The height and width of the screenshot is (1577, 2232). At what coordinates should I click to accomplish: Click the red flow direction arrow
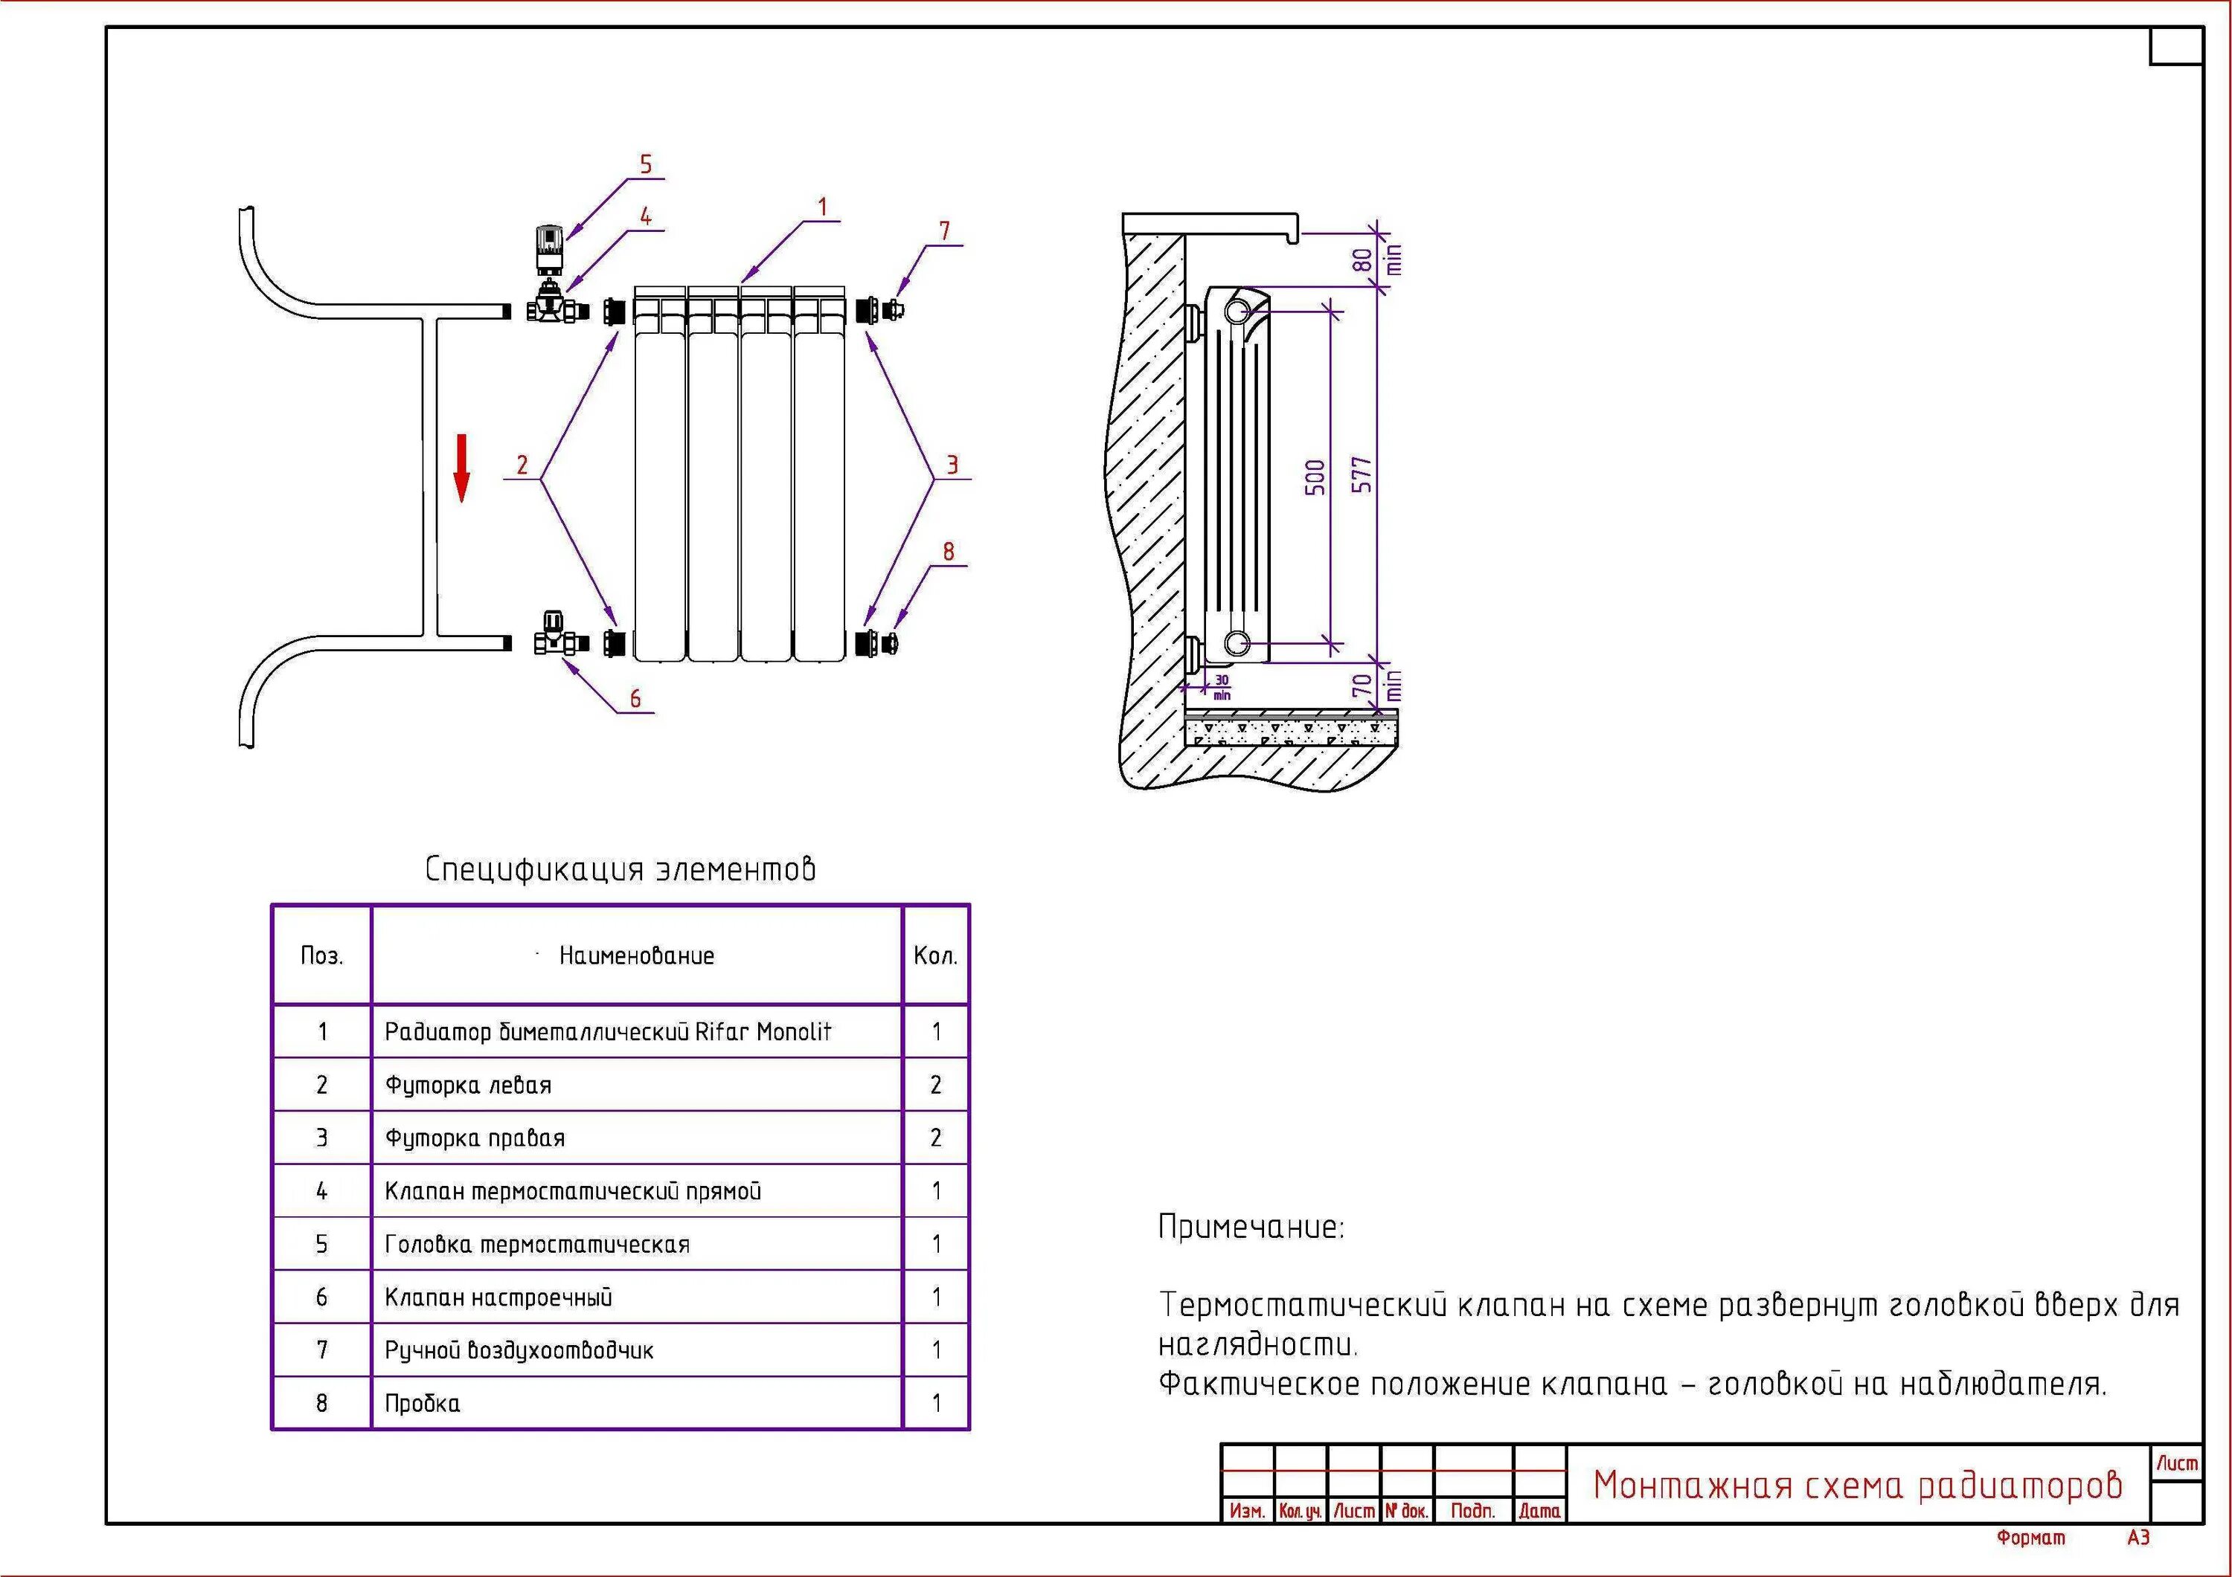click(462, 468)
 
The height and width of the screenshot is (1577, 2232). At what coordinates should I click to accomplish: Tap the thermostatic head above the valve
click(551, 248)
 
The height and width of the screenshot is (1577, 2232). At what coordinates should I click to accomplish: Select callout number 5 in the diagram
click(646, 164)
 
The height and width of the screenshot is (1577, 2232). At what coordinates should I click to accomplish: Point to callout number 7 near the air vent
click(944, 231)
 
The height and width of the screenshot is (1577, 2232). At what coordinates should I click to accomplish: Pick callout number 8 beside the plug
click(949, 552)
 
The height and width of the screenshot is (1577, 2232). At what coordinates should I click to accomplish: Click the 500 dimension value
click(1315, 477)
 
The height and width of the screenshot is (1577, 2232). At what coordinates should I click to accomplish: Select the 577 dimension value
click(1363, 474)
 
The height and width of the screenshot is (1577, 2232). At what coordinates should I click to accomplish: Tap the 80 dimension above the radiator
click(1363, 260)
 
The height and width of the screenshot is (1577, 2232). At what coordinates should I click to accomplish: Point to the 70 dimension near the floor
click(1363, 685)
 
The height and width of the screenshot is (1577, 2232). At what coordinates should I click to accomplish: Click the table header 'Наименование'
click(637, 956)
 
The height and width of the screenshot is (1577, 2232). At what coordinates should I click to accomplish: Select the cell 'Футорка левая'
click(469, 1086)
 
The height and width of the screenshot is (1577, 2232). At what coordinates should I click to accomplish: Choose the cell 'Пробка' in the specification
click(423, 1403)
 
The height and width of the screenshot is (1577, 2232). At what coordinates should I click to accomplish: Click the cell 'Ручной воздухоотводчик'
click(519, 1351)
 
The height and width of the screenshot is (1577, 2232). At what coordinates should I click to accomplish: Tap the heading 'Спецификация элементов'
click(620, 868)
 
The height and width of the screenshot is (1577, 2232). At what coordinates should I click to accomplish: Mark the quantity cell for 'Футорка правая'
click(936, 1138)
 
